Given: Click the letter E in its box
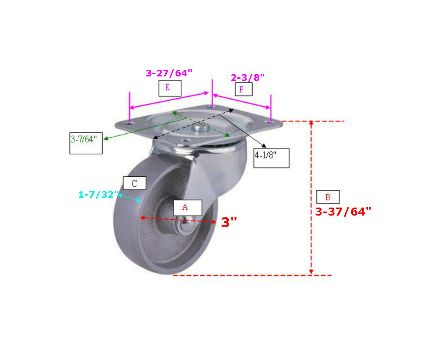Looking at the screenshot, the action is (x=167, y=88).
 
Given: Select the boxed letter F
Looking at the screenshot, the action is (x=241, y=89).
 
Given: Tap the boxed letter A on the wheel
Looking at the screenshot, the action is (x=185, y=207).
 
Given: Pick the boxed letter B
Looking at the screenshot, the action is (x=328, y=197).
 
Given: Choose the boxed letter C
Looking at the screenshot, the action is (x=134, y=184).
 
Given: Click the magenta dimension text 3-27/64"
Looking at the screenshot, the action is (x=169, y=73).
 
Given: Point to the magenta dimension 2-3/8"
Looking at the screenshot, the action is (x=248, y=77).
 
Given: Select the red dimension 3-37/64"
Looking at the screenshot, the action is (x=343, y=212).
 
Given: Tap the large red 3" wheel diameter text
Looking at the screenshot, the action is (x=229, y=222).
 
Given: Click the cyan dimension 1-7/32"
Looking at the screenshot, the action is (x=98, y=195).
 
